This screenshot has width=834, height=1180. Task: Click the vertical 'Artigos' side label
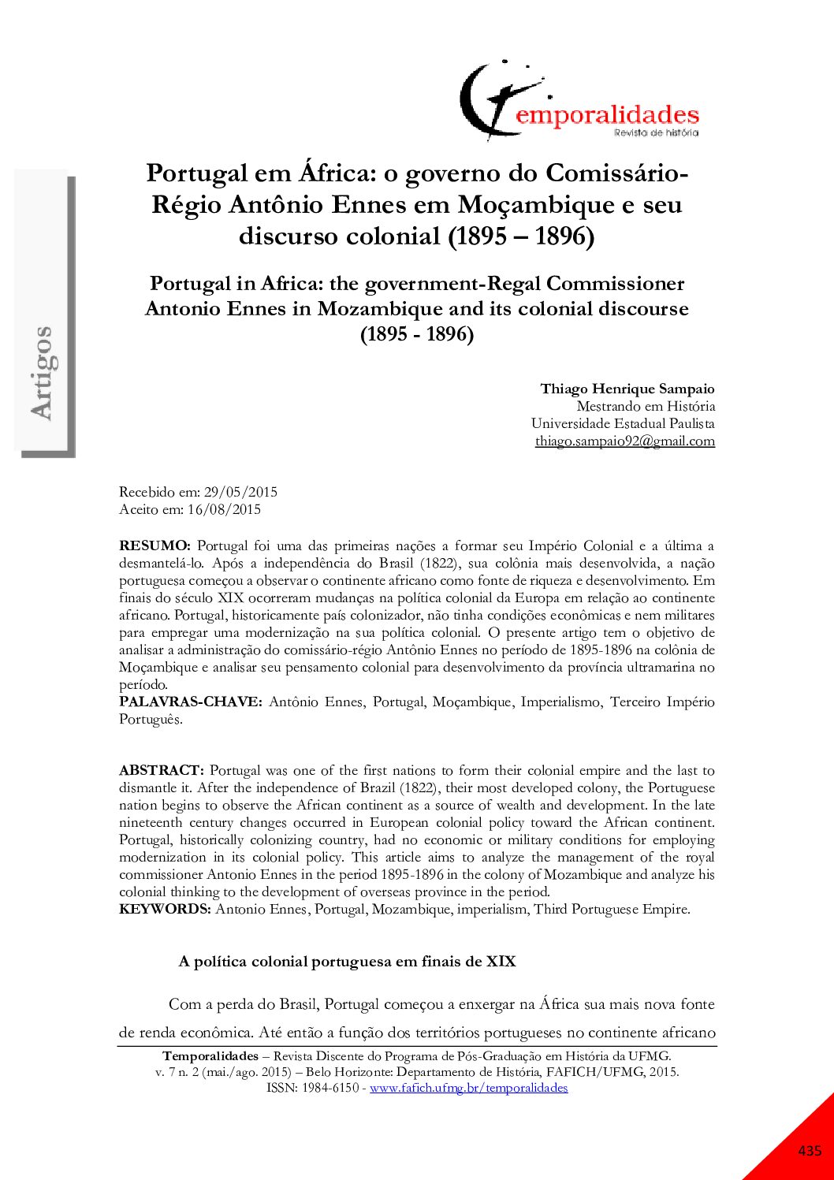tap(41, 372)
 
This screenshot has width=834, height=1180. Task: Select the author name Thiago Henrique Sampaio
tap(627, 389)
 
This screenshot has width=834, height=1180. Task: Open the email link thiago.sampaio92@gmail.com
tap(624, 441)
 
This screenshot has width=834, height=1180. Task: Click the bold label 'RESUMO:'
tap(155, 545)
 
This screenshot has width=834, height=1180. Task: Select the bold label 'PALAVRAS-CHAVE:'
tap(190, 702)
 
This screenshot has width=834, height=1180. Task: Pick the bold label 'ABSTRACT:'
tap(162, 770)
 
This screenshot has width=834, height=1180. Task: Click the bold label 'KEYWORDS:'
tap(165, 909)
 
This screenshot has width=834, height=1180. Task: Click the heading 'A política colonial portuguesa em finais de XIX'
tap(347, 962)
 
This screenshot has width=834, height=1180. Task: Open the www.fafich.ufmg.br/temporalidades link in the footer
tap(468, 1088)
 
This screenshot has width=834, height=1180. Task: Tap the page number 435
tap(810, 1151)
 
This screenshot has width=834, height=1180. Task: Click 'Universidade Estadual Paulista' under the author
tap(623, 423)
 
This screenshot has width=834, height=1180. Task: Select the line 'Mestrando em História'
tap(646, 406)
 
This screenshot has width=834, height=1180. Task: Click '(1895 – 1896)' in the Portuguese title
tap(521, 236)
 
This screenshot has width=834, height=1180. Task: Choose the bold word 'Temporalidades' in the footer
tap(210, 1055)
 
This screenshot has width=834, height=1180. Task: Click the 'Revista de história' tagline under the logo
tap(656, 132)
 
